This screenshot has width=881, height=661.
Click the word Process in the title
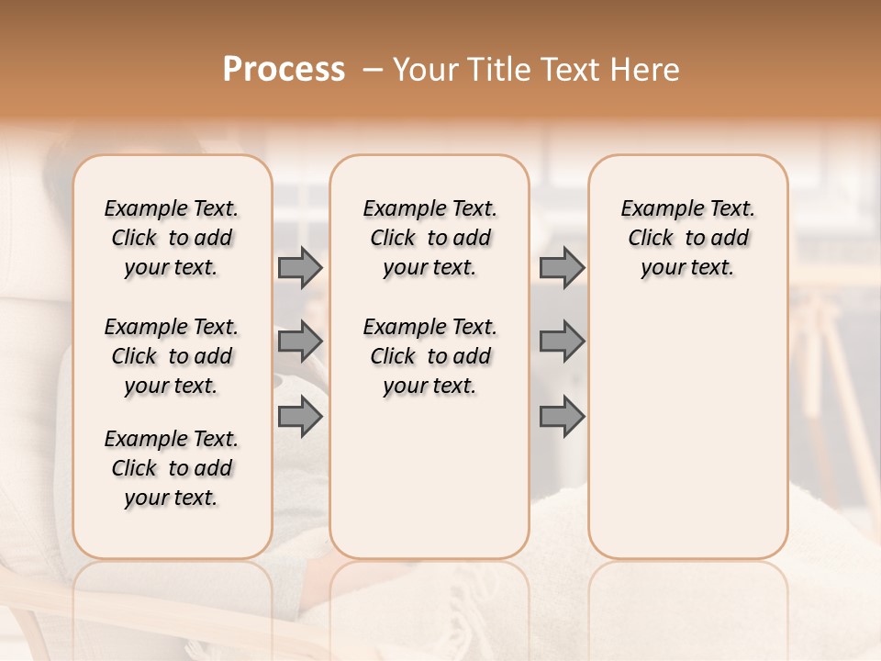tap(284, 70)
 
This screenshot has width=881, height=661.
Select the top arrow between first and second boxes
tap(300, 268)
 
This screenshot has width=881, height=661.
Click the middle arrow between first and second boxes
tap(300, 342)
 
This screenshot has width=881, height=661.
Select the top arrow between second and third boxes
tap(562, 268)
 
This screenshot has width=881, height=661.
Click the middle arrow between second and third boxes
tap(562, 342)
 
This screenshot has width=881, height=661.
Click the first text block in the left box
tap(172, 238)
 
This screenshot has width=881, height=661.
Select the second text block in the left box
tap(172, 356)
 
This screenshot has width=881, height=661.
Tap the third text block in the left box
tap(172, 468)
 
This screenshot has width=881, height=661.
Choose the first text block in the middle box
tap(429, 238)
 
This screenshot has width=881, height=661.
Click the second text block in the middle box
tap(429, 356)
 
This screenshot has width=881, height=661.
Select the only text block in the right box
tap(687, 238)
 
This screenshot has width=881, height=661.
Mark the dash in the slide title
tap(373, 70)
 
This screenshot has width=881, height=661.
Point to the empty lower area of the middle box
tap(429, 477)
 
